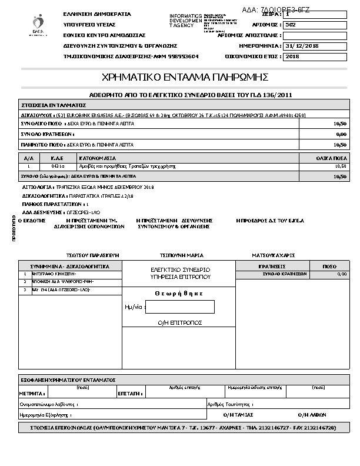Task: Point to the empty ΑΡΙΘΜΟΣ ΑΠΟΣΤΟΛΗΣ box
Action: pos(315,35)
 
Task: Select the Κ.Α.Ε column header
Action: pos(57,158)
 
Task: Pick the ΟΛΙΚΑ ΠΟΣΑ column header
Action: pos(332,158)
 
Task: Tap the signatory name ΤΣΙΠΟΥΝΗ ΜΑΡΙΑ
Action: pos(182,255)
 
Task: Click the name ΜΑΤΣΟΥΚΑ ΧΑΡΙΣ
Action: pos(273,255)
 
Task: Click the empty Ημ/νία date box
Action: pos(180,307)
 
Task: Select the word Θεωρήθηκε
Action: pos(179,293)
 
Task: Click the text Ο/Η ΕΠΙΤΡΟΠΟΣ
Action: pos(180,322)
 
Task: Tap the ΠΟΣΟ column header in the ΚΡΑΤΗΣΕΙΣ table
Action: pos(329,267)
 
